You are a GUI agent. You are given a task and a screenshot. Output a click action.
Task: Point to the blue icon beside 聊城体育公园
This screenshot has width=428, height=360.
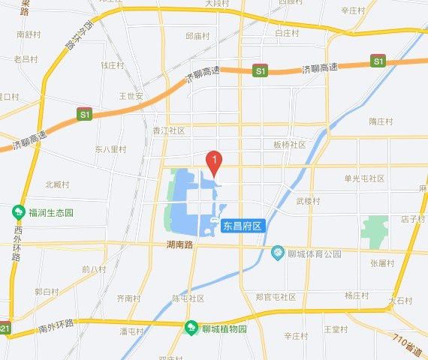point(278,253)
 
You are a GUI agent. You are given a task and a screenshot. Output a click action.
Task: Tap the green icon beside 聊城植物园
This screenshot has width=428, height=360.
point(192,328)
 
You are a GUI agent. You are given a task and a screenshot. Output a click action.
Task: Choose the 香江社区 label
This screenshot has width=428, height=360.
point(168,130)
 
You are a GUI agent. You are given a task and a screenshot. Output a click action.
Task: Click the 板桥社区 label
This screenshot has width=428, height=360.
point(289,145)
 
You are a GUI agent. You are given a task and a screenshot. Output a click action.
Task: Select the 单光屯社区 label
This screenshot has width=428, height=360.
point(364,178)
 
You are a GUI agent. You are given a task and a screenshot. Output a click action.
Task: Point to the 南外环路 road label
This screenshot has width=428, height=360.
point(56,324)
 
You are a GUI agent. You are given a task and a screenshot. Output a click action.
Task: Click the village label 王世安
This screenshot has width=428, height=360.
point(131,96)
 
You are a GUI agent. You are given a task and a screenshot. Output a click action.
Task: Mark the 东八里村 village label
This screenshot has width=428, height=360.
point(110,149)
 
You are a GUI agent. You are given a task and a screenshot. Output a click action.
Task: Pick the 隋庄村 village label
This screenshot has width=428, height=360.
point(381,121)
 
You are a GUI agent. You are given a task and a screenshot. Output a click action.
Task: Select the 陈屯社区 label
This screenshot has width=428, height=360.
point(188,298)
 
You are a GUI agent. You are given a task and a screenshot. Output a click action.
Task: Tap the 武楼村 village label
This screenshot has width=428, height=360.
point(308,201)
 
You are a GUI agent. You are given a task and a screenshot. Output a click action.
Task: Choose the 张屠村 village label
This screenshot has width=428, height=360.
point(381,262)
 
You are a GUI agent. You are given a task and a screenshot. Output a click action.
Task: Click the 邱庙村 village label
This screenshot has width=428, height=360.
point(197,35)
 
